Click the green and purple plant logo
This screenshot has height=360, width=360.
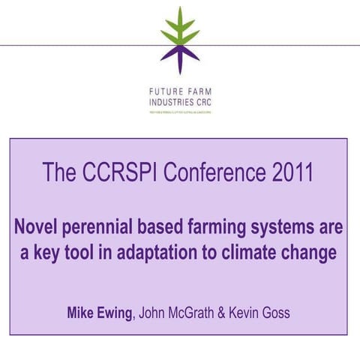180,40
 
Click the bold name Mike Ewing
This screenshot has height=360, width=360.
98,312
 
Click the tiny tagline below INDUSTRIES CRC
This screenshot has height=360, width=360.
180,111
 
